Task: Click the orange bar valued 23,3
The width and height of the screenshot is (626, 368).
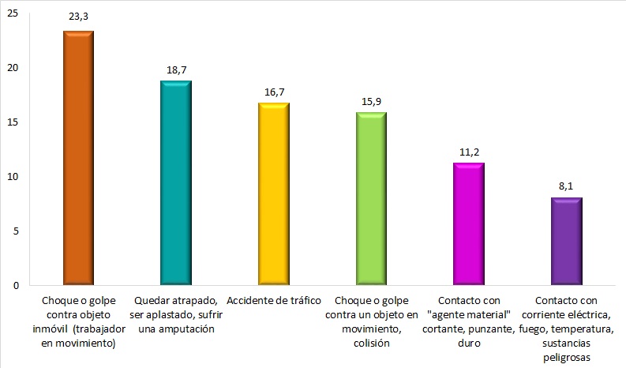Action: pyautogui.click(x=78, y=158)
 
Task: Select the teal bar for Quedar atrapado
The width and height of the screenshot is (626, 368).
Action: pyautogui.click(x=176, y=182)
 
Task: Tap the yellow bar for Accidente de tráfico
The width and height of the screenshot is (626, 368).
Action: pyautogui.click(x=274, y=193)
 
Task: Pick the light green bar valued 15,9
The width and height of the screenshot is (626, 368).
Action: pyautogui.click(x=371, y=198)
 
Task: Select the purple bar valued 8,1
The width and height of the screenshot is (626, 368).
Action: pyautogui.click(x=566, y=241)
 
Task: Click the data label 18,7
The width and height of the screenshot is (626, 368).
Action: pyautogui.click(x=176, y=69)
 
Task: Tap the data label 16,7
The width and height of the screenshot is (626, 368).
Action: pyautogui.click(x=274, y=92)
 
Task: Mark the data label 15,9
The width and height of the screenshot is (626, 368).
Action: pyautogui.click(x=371, y=101)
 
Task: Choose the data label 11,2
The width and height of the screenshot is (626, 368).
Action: pyautogui.click(x=469, y=152)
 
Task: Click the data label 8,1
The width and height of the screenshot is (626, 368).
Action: pyautogui.click(x=566, y=186)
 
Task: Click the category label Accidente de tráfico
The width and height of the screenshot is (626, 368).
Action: pyautogui.click(x=274, y=302)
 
